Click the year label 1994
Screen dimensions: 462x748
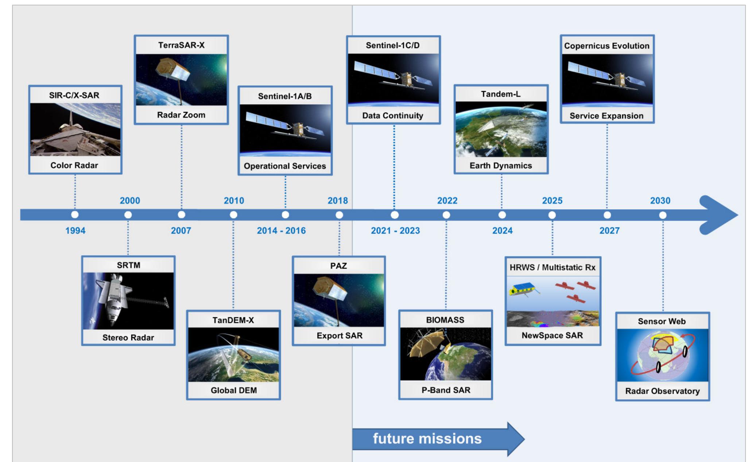[75, 230]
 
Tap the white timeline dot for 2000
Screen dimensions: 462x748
[128, 215]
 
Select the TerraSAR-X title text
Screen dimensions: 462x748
[181, 45]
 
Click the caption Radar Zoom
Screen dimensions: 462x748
[181, 115]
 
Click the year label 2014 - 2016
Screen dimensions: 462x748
[281, 230]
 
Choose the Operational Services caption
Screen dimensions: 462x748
[285, 166]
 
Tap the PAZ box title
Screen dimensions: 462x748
[338, 266]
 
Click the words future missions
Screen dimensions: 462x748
[427, 439]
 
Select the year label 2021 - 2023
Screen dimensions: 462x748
[395, 230]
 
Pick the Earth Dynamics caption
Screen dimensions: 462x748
[501, 166]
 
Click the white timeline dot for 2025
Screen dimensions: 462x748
[552, 215]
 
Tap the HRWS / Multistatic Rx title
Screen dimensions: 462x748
[553, 267]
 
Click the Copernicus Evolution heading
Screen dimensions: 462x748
[607, 46]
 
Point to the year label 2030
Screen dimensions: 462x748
[660, 201]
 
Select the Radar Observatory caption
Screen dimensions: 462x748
[662, 391]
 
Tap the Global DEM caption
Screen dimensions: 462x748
[233, 390]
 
